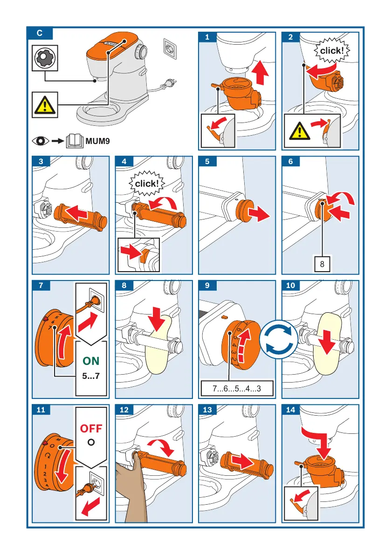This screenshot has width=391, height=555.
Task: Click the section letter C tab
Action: pos(40,33)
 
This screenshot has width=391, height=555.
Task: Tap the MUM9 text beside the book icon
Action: pos(98,141)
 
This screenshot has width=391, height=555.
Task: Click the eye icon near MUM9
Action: pos(41,141)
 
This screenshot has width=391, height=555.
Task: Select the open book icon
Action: pos(75,141)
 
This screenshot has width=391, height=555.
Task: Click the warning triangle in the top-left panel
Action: pos(45,105)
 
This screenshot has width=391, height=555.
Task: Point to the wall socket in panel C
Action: pos(170,47)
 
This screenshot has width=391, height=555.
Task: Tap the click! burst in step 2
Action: pos(331,51)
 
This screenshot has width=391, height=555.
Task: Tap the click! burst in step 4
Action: pos(146,183)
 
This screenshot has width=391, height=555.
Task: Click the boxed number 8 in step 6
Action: pos(322,264)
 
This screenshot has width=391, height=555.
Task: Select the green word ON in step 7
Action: pos(91,361)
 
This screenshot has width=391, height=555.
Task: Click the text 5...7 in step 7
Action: pos(91,376)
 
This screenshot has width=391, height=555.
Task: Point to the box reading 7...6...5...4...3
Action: pos(237,388)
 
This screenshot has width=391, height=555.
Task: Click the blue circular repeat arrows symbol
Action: pos(279,340)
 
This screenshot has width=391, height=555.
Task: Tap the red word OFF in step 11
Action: pos(91,429)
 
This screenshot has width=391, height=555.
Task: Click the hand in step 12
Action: pos(130,488)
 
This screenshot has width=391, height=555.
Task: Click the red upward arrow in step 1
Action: pos(261,73)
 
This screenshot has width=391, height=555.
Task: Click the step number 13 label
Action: pos(207,410)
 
